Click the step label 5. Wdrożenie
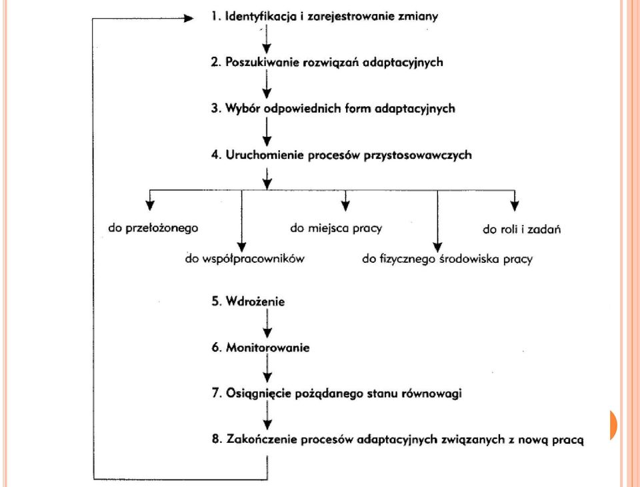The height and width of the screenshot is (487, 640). tap(248, 302)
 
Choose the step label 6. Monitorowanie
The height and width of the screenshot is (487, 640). tap(261, 348)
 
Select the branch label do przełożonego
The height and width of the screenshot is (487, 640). tap(153, 228)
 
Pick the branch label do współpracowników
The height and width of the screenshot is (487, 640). tap(245, 259)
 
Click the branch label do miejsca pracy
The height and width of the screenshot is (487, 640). tap(336, 228)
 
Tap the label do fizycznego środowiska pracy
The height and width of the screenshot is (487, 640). tap(447, 259)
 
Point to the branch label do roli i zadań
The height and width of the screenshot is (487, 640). tap(521, 229)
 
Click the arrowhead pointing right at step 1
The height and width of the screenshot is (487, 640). tap(189, 18)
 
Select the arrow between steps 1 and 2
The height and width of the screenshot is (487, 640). tap(267, 39)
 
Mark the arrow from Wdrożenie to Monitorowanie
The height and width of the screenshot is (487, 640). tap(267, 323)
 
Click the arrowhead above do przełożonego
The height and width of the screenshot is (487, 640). tap(150, 205)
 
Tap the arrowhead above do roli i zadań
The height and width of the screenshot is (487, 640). tap(515, 206)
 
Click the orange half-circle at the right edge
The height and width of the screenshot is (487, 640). tap(613, 426)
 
